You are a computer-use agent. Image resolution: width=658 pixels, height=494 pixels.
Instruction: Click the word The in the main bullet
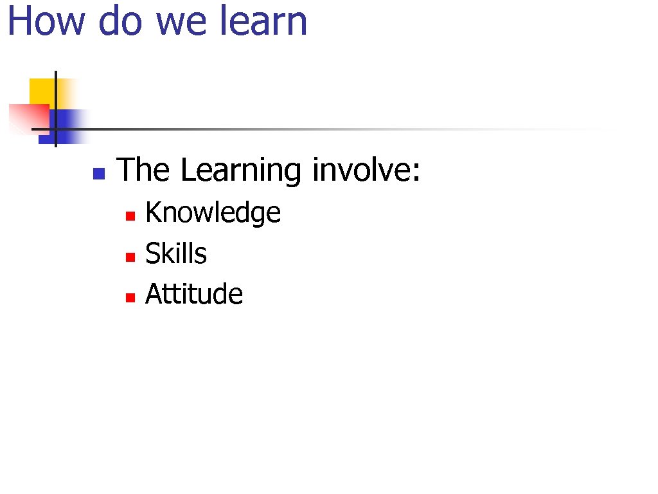click(x=143, y=170)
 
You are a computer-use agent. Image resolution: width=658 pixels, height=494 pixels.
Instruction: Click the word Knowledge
click(x=213, y=213)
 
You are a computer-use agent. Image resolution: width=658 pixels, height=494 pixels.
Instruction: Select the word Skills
click(x=176, y=253)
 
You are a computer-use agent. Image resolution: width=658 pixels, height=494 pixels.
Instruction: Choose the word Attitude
click(x=194, y=295)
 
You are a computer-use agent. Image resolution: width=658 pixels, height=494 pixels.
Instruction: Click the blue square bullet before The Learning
click(x=98, y=173)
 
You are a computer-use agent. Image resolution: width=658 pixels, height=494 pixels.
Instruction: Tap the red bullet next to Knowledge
click(x=129, y=216)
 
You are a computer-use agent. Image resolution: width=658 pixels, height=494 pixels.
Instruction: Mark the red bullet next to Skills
click(x=129, y=257)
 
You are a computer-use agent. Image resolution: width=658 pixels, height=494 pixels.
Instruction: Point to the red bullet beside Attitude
click(x=129, y=298)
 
